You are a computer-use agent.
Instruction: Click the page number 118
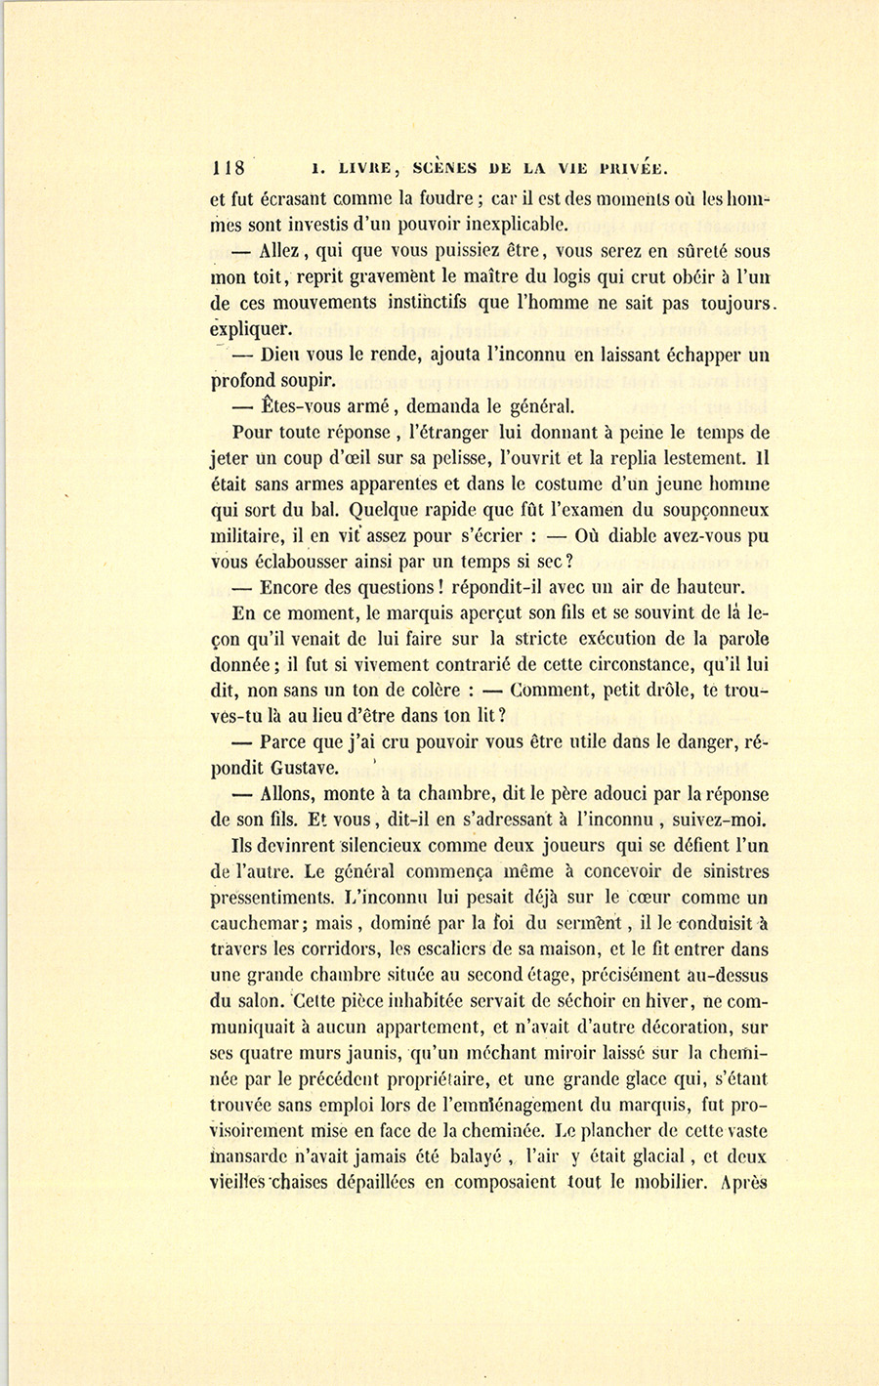point(231,165)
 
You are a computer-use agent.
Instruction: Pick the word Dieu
point(282,356)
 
